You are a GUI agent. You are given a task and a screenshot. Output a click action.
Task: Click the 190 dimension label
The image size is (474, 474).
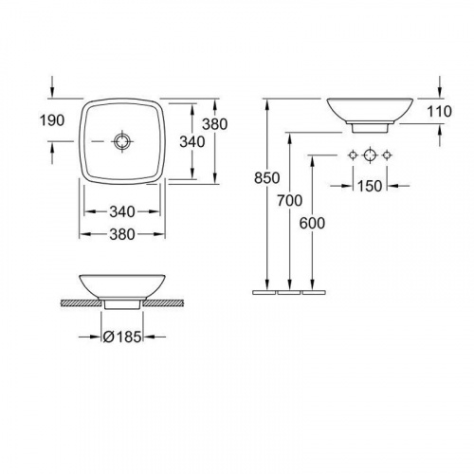pos(52,120)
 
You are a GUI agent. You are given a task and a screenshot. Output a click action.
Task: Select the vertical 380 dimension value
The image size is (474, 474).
pos(215,124)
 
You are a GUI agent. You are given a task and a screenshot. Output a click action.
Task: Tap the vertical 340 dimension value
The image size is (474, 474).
pos(192,142)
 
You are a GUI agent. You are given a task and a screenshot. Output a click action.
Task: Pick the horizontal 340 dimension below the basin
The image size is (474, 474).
pos(122,211)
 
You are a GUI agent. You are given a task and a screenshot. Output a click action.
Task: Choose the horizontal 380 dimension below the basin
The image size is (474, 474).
pos(122,234)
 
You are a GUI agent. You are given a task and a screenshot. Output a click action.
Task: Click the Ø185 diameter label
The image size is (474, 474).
pos(122,337)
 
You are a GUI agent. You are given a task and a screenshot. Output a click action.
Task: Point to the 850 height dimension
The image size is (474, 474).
pos(267,178)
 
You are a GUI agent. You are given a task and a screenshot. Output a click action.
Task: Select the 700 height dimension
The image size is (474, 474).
pos(290,200)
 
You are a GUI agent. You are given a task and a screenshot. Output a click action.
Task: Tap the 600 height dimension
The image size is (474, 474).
pos(312,224)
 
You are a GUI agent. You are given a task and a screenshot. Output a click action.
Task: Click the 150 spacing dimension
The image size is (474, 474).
pos(370,186)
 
